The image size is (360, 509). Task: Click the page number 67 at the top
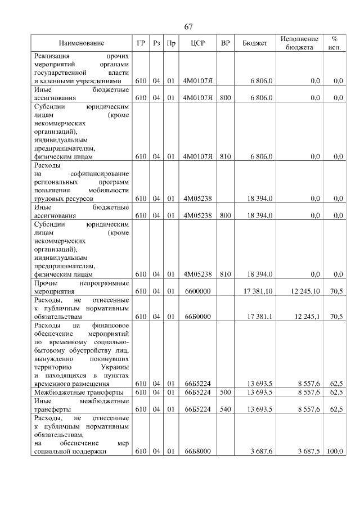point(188,27)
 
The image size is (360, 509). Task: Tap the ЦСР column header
point(196,43)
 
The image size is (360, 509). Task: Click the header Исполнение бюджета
point(299,43)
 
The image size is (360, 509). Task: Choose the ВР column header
point(225,43)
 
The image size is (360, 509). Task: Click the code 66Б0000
point(197,317)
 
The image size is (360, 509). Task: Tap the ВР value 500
point(225,392)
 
